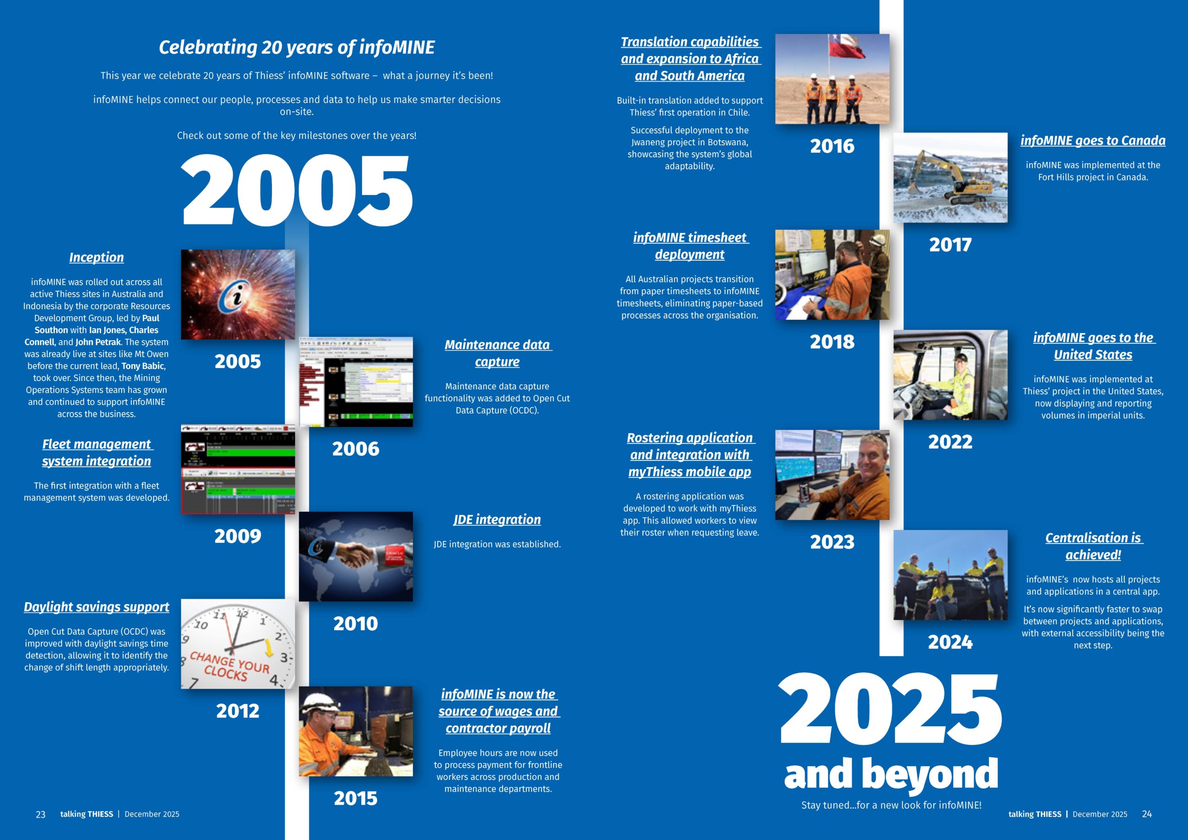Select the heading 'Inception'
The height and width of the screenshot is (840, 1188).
97,257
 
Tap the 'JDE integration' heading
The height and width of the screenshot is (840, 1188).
497,520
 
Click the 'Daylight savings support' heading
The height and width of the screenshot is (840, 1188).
97,607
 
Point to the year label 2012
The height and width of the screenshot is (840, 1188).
238,711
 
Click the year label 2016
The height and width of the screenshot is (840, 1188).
832,146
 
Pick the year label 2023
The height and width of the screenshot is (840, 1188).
832,542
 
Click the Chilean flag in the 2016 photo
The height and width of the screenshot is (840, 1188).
847,46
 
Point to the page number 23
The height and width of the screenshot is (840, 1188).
40,814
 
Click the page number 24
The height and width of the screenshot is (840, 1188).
1147,814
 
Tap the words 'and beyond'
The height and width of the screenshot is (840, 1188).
891,774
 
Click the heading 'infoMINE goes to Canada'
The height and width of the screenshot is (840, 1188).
1093,141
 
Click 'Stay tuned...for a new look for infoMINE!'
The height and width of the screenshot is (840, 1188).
891,805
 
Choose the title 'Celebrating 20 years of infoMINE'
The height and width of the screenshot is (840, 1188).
297,47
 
